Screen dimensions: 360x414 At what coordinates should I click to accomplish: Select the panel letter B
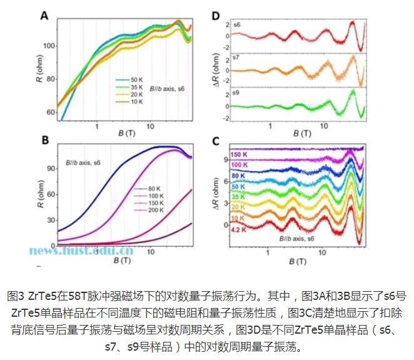tap(44, 141)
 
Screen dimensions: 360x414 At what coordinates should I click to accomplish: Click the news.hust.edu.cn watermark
tap(81, 252)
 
